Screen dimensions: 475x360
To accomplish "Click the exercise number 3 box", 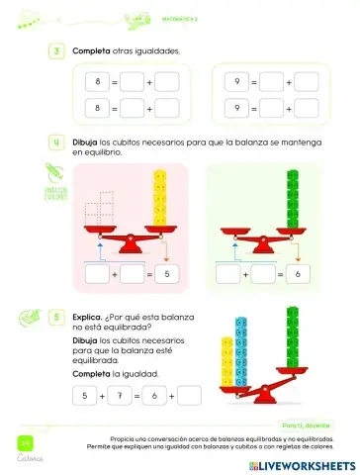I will click(56, 49).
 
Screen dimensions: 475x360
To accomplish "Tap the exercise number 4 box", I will click(56, 142).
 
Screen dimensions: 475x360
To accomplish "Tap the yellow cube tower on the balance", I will click(158, 201).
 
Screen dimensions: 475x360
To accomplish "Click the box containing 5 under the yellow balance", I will click(167, 272).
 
